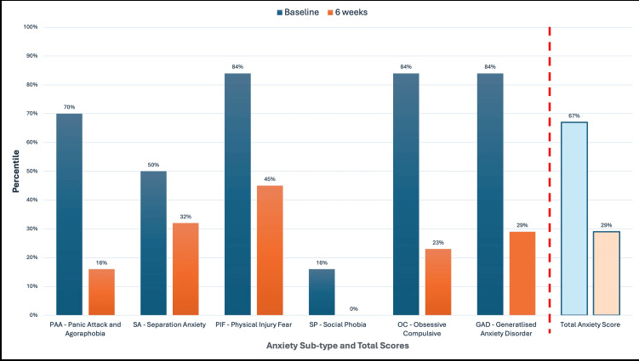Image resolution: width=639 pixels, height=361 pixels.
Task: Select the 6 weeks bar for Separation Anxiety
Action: point(185,268)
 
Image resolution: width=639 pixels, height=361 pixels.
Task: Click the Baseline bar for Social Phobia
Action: point(322,291)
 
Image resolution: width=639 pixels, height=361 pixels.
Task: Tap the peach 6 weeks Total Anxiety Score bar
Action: point(607,273)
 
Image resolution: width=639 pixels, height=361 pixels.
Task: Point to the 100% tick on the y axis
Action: point(30,27)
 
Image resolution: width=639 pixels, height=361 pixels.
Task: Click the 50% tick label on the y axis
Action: point(31,171)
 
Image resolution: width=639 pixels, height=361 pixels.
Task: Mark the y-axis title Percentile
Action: point(15,171)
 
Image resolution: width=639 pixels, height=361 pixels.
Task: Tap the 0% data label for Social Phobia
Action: point(354,308)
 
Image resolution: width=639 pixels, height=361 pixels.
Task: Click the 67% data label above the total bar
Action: point(574,116)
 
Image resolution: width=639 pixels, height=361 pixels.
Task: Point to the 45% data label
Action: point(270,179)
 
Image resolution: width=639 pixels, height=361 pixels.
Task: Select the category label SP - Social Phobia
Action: point(338,325)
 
